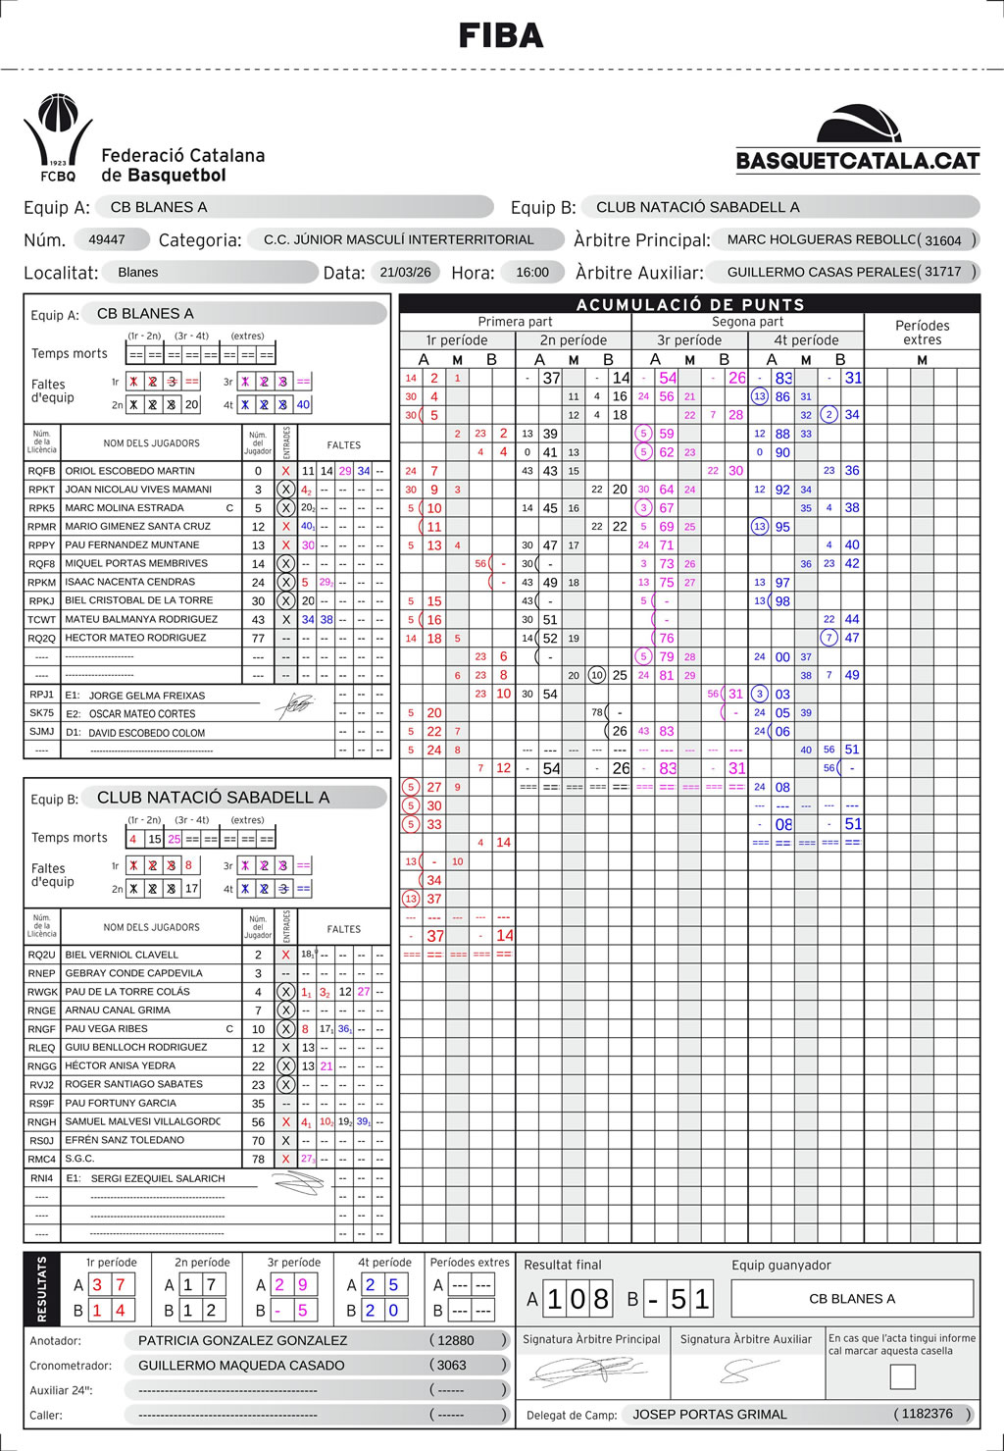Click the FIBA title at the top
(501, 36)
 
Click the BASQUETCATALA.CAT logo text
(858, 161)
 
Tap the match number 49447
(107, 239)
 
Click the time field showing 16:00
(532, 272)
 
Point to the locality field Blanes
(138, 272)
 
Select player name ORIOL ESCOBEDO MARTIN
(129, 471)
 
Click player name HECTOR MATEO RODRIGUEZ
(135, 638)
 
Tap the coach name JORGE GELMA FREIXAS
(147, 696)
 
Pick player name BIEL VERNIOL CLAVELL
(122, 955)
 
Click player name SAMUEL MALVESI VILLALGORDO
(142, 1121)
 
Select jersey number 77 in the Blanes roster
(258, 638)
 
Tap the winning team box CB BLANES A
(852, 1299)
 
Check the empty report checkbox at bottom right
(902, 1376)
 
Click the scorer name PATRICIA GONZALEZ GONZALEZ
(242, 1340)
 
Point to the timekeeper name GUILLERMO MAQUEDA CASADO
(241, 1365)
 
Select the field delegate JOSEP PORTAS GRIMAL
(710, 1414)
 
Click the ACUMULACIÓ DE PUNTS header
(690, 304)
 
